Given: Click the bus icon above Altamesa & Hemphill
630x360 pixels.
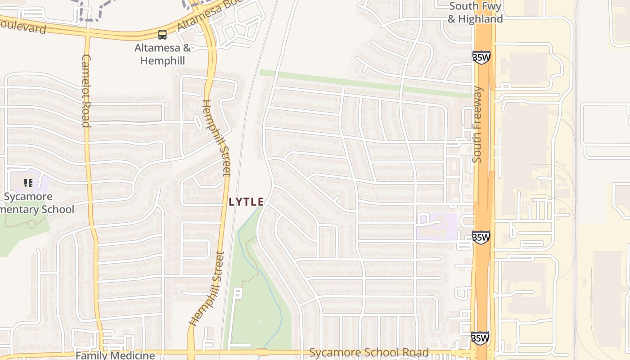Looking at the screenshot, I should click(162, 34).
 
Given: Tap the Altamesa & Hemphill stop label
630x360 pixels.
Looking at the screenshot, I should click(162, 54).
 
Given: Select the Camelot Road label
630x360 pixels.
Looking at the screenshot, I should click(85, 91).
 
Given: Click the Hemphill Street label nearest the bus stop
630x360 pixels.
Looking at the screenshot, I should click(216, 137).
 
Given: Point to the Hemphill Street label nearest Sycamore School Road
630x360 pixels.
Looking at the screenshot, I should click(207, 288).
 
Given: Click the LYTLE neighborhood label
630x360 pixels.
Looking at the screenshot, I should click(246, 202).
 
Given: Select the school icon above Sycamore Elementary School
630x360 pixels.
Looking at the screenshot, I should click(28, 183).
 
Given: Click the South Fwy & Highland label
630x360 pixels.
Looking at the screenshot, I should click(475, 13).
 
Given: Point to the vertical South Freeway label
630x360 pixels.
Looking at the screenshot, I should click(477, 124).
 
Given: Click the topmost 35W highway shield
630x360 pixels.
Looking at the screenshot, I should click(481, 57).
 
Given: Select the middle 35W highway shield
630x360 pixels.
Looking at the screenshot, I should click(481, 237).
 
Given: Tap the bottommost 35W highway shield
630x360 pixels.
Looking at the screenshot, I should click(480, 338).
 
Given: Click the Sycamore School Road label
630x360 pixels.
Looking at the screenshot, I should click(369, 352).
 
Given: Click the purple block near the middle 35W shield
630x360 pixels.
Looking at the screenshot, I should click(436, 226).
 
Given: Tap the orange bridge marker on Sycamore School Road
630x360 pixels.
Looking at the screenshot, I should click(262, 352).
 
